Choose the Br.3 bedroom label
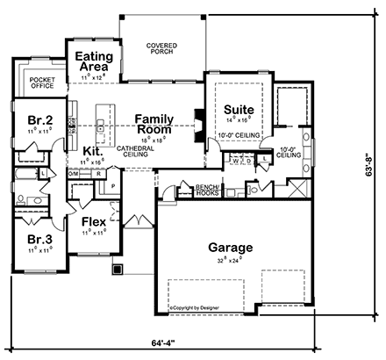[x=35, y=239]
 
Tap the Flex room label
[x=94, y=223]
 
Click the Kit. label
[x=94, y=150]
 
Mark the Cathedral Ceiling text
[x=136, y=153]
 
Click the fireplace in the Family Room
[x=198, y=123]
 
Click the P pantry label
[x=113, y=187]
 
